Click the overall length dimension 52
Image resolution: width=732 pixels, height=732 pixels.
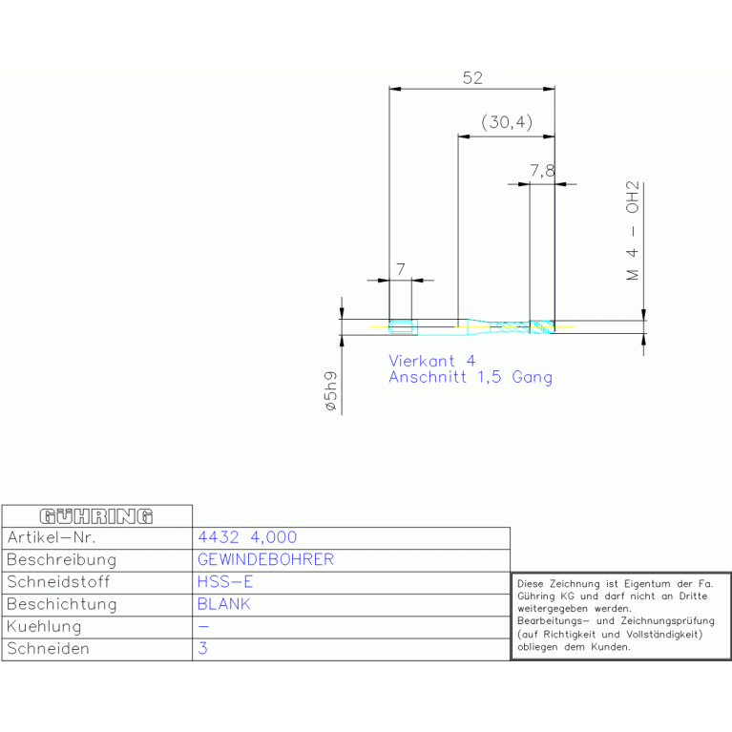pos(472,77)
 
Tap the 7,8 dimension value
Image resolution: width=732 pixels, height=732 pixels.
pos(542,171)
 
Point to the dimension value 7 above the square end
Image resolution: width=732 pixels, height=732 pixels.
pos(401,269)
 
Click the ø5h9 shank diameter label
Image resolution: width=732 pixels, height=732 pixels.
pos(330,390)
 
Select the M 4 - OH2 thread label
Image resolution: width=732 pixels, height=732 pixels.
pos(633,231)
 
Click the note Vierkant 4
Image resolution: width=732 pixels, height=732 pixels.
pos(432,361)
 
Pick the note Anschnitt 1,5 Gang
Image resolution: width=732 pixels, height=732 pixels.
pos(471,377)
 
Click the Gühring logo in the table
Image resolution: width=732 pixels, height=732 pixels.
pos(96,516)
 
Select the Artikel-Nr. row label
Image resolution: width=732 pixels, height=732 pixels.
pos(52,537)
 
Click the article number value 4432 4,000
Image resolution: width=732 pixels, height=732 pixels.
pos(247,537)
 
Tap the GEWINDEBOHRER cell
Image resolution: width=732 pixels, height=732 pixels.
pos(265,559)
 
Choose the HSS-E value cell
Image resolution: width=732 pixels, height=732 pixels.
pos(225,581)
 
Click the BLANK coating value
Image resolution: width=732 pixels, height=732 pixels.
pos(224,604)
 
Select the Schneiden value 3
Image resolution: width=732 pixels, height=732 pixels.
pos(202,648)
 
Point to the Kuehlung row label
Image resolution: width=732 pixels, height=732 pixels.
pos(44,626)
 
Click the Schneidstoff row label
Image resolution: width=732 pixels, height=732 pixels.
pos(58,581)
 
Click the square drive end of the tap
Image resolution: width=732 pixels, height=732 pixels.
pos(403,327)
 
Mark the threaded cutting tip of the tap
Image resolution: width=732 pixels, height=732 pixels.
pos(542,326)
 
